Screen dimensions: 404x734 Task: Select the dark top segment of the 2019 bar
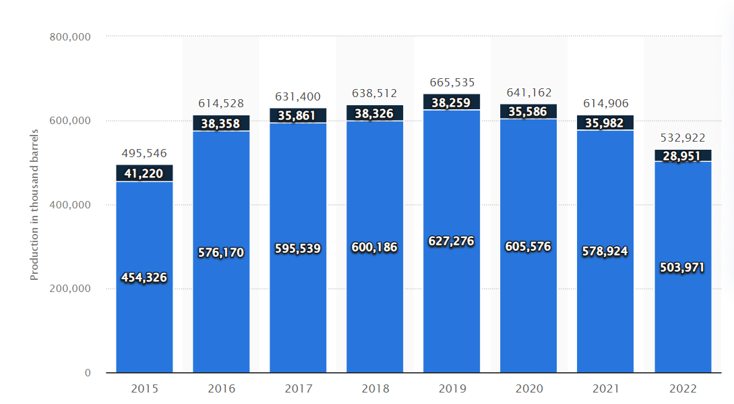tap(452, 103)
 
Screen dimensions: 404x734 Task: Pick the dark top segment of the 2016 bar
tap(221, 123)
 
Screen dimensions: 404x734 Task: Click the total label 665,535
tap(452, 83)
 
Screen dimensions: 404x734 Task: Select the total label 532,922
tap(683, 138)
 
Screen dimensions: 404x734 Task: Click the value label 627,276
tap(452, 241)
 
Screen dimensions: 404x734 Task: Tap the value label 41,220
tap(144, 173)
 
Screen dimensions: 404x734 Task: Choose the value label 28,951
tap(683, 156)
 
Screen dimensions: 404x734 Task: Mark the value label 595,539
tap(298, 248)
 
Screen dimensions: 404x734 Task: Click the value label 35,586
tap(528, 112)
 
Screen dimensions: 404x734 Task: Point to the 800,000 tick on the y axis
tap(70, 37)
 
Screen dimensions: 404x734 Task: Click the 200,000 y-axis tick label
tap(70, 289)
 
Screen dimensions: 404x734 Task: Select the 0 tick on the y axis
tap(88, 373)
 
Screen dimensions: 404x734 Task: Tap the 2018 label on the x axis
tap(375, 389)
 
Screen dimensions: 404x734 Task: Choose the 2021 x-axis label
tap(605, 389)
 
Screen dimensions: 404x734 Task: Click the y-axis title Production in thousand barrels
tap(34, 205)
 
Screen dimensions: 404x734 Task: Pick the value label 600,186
tap(375, 248)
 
